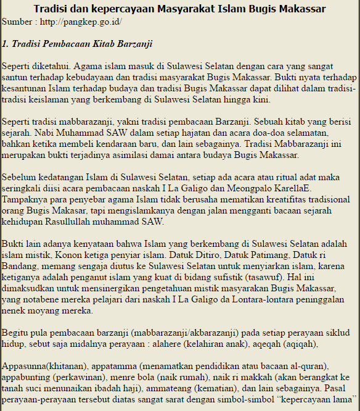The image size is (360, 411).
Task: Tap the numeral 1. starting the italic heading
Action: pyautogui.click(x=6, y=44)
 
